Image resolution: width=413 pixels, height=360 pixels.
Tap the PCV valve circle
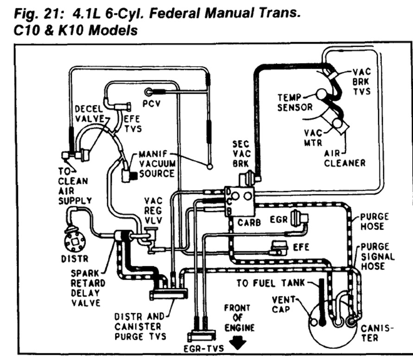coord(149,92)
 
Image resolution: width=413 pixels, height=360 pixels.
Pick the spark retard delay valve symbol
coord(122,237)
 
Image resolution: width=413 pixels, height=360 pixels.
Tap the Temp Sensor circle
coord(321,94)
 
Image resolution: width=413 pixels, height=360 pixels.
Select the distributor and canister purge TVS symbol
coord(168,294)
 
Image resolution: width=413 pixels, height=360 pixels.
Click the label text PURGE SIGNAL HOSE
coord(377,256)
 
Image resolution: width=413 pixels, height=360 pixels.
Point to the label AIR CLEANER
coord(344,158)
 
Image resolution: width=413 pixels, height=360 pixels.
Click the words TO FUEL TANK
coord(271,283)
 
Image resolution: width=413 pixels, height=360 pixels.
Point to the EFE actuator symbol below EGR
coord(280,247)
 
